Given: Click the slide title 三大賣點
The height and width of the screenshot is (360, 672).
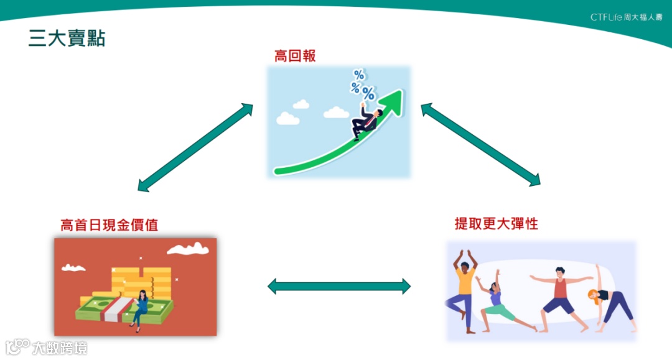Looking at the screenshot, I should pos(67,38).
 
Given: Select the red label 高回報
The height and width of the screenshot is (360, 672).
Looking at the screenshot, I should pos(295,56).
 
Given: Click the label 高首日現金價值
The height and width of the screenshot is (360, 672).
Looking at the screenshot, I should pos(109,224).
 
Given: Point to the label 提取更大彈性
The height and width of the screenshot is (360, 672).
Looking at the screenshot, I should pos(496,224).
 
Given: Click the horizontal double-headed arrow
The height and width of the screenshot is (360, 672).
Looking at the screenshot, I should pos(339,286).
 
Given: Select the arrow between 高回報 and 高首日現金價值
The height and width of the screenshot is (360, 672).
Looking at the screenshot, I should pos(195,147).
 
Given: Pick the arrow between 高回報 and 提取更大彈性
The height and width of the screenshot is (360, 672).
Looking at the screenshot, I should pos(480,145).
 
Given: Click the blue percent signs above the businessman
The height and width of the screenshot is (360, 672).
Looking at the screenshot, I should pos(362,85).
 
